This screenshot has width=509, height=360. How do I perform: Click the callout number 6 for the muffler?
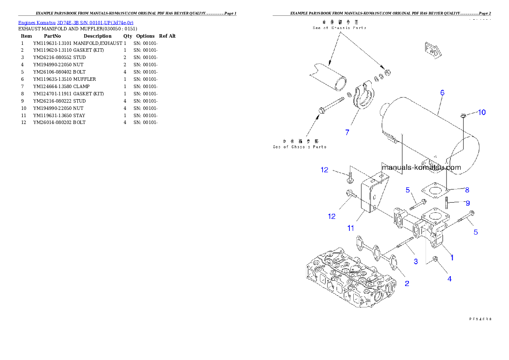[442, 92]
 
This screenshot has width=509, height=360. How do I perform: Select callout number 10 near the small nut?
[482, 112]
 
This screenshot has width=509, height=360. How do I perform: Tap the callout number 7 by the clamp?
[347, 133]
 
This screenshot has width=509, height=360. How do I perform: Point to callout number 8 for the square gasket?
[467, 189]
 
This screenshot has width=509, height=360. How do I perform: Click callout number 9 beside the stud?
[468, 203]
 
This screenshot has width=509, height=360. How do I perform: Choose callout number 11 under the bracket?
[350, 228]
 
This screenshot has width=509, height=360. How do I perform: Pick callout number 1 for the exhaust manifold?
[452, 257]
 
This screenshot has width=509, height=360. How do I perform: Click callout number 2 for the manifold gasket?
[407, 283]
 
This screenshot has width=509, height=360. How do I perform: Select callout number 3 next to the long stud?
[415, 261]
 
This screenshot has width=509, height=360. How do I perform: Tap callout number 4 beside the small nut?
[449, 279]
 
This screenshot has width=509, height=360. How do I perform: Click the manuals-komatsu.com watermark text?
[421, 168]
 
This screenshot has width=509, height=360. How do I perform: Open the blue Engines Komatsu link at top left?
[76, 22]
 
